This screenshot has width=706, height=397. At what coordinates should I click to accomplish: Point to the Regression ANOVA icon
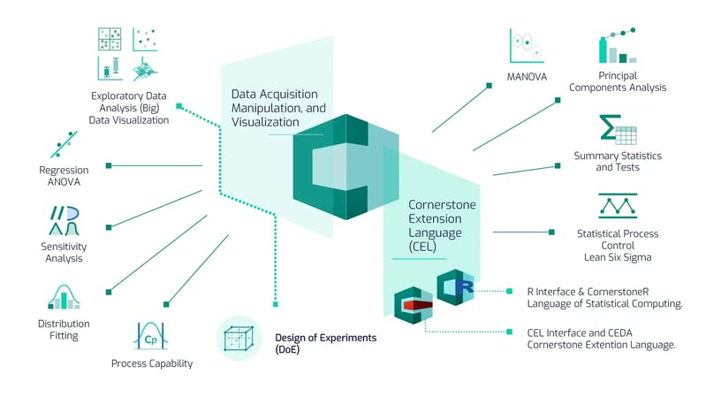[64, 144]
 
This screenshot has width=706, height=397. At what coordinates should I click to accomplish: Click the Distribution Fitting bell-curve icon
[64, 298]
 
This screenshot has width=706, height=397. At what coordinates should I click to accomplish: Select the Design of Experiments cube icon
[239, 338]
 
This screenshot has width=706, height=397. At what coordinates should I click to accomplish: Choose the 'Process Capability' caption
[151, 363]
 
